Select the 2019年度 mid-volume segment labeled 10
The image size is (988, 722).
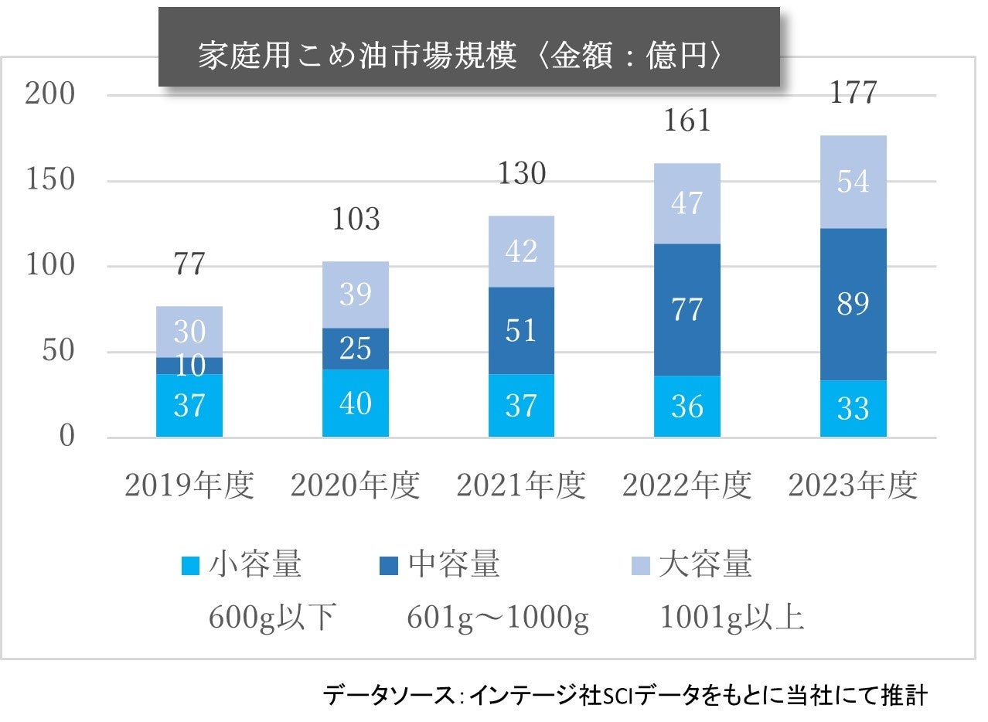coord(189,366)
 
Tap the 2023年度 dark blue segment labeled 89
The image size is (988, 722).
coord(853,304)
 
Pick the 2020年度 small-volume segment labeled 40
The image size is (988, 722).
coord(356,403)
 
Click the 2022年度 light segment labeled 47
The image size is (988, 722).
coord(687,203)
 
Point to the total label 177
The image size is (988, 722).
coord(853,94)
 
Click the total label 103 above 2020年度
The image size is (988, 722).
coord(356,220)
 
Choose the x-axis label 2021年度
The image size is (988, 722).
coord(520,486)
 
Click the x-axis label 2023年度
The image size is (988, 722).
coord(853,486)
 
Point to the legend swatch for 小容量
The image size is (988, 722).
coord(190,566)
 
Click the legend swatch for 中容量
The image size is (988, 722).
coord(389,566)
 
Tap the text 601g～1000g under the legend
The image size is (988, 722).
coord(498,619)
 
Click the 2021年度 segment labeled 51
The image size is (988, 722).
coord(521,330)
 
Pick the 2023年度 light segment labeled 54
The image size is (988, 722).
coord(853,182)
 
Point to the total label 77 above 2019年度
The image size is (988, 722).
coord(189,264)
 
